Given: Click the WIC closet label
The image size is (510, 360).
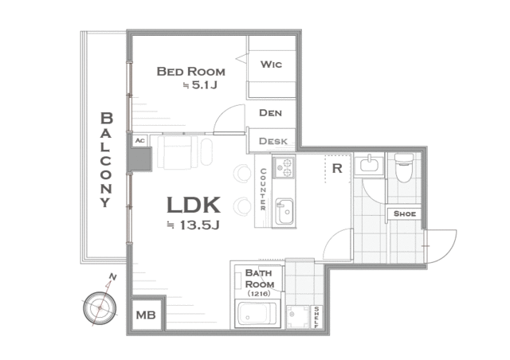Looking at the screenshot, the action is [x=271, y=65].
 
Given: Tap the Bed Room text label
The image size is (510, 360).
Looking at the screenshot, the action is [x=191, y=72].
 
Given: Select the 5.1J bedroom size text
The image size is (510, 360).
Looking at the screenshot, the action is [x=201, y=85].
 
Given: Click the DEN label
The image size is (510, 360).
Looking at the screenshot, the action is [x=270, y=113].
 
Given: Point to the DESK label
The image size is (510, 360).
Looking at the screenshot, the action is [x=273, y=141].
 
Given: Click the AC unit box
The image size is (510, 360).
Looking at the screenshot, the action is [x=140, y=141].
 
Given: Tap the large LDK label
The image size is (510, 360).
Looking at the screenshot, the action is [x=194, y=205].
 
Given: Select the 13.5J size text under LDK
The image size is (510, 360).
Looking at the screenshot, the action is [x=194, y=225].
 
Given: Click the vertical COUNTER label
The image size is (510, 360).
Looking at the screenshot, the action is [x=263, y=190].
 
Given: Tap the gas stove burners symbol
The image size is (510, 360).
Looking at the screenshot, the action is [x=284, y=167].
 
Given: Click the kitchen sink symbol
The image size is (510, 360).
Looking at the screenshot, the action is [x=284, y=211].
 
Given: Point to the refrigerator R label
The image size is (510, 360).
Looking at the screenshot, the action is [x=337, y=169].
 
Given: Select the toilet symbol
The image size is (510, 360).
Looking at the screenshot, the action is [x=404, y=167].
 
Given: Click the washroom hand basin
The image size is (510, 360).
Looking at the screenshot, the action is [x=369, y=165].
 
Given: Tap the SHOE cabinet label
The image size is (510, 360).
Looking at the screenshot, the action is [x=405, y=213].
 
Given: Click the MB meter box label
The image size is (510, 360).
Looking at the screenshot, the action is [x=146, y=315].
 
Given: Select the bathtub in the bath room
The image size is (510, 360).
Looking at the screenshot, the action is [x=257, y=314].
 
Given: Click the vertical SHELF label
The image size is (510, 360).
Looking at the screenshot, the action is [x=316, y=317].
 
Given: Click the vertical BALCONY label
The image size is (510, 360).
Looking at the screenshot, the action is [x=106, y=159].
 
